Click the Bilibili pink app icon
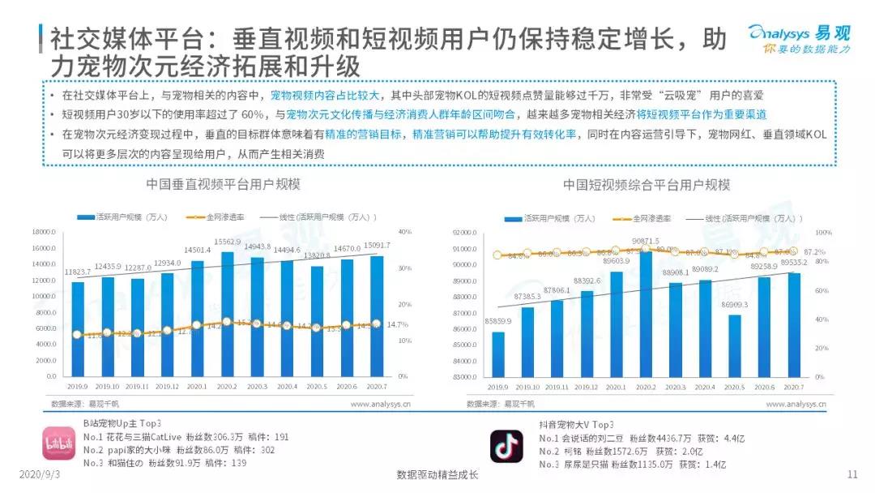pos(58,445)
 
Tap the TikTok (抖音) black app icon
pos(506,445)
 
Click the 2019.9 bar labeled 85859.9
pos(497,354)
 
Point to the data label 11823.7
pos(79,272)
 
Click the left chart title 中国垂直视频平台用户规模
pos(223,185)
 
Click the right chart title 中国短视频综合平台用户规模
pos(647,185)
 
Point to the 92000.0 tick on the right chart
pos(464,233)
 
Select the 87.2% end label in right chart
pos(814,251)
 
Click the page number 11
pos(852,475)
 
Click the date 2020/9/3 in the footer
pos(36,475)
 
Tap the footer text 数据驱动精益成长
pos(437,475)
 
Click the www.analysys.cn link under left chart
pos(380,403)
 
